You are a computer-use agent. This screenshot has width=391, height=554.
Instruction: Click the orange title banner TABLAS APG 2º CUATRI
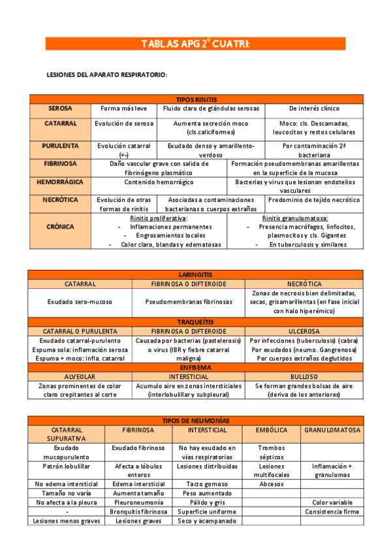click(x=195, y=44)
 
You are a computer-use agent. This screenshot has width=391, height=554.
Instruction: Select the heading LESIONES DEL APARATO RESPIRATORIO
click(x=108, y=75)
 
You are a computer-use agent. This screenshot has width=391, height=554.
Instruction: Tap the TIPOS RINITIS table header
click(x=196, y=99)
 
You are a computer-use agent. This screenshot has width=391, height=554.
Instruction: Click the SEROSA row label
click(x=60, y=108)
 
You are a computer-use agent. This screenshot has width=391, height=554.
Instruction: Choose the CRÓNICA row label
click(x=60, y=227)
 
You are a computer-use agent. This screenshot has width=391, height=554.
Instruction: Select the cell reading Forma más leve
click(x=124, y=108)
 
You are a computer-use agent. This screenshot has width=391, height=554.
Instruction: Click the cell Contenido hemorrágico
click(x=159, y=182)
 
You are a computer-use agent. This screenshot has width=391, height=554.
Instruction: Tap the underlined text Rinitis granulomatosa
click(x=295, y=218)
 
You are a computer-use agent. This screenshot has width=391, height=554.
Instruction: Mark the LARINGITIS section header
click(x=196, y=275)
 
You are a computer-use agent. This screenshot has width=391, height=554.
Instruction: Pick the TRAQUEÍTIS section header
click(x=196, y=323)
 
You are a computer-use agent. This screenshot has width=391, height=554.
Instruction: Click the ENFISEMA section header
click(x=196, y=368)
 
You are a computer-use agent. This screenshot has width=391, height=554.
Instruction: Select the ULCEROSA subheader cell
click(x=304, y=332)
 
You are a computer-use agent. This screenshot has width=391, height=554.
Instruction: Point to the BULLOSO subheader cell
click(x=304, y=378)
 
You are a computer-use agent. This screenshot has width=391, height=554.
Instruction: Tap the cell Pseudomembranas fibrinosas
click(x=189, y=302)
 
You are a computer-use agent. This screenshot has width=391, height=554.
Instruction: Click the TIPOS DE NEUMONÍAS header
click(x=196, y=421)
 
